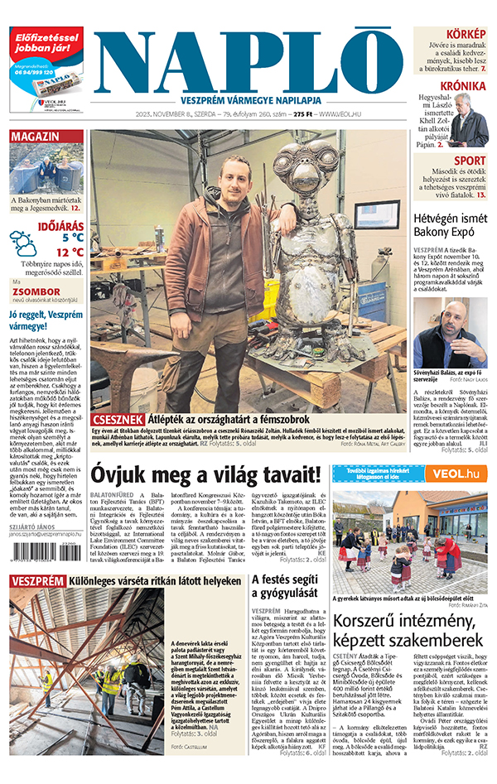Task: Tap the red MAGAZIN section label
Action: pos(36,137)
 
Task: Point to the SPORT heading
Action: pos(470,161)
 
